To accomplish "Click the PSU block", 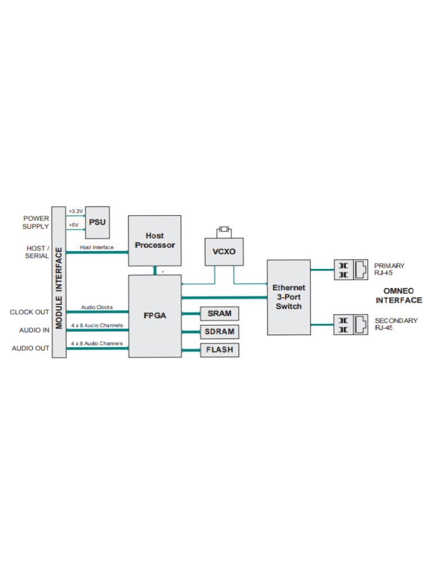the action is (x=97, y=222).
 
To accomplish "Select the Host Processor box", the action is (x=155, y=240).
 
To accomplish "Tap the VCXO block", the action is (x=224, y=252).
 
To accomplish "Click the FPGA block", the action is (x=155, y=316).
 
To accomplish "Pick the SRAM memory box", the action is (x=220, y=313).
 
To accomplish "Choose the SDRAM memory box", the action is (x=220, y=332).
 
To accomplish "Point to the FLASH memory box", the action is (x=220, y=350).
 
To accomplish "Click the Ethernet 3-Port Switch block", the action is (x=289, y=298).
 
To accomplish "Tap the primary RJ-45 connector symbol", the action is (x=351, y=270).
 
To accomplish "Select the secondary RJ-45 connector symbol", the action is (x=351, y=325).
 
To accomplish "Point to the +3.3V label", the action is (x=76, y=211).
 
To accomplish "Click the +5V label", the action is (x=74, y=225).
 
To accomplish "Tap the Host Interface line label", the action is (x=97, y=248).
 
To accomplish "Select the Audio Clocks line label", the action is (x=97, y=307).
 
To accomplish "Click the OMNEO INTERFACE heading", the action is (x=399, y=295).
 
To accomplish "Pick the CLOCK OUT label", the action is (x=29, y=312).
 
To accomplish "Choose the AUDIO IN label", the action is (x=34, y=330).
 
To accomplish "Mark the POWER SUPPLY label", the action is (x=35, y=222).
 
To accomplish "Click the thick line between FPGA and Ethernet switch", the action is (x=224, y=298).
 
